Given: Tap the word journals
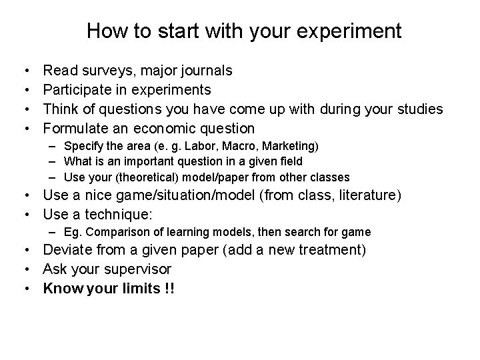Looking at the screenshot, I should [x=203, y=70].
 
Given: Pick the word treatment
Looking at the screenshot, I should [x=330, y=251].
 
